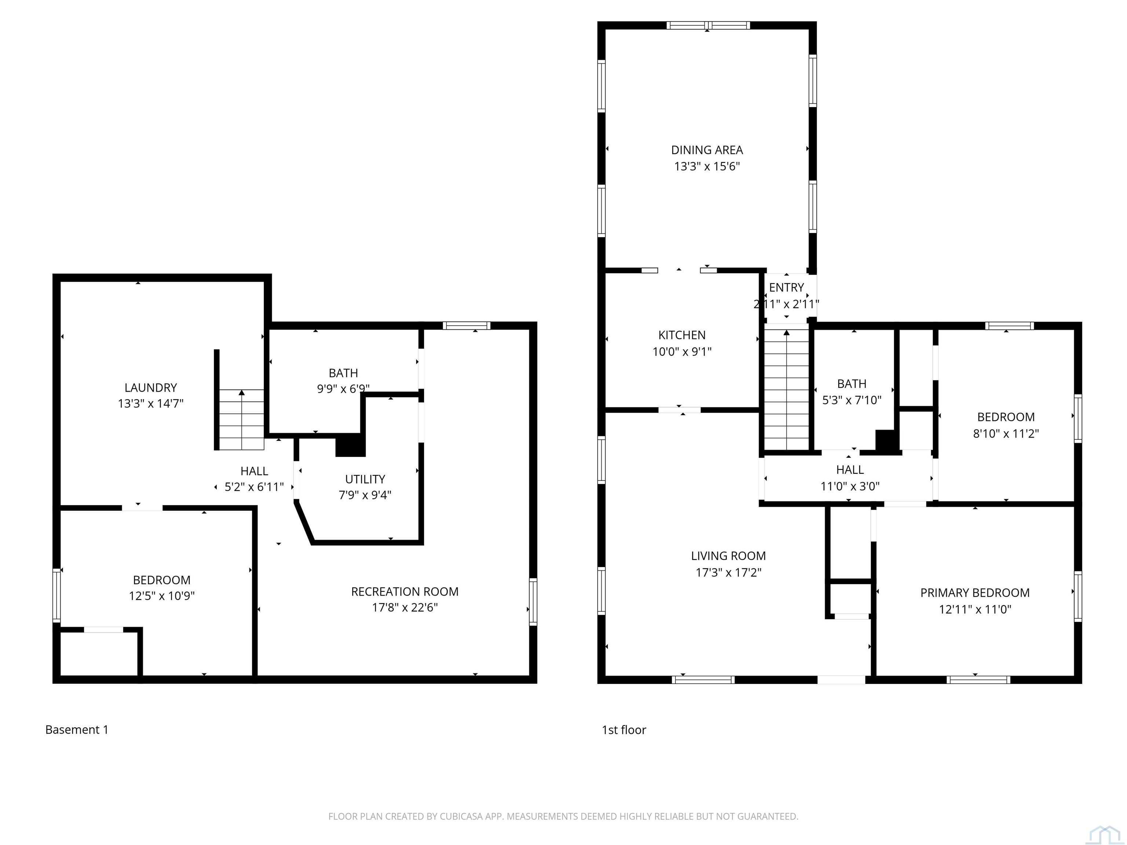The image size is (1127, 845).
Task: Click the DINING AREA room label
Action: click(707, 150)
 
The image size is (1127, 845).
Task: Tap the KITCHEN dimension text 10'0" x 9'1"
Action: click(682, 351)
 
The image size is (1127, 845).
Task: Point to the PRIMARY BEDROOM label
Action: click(975, 593)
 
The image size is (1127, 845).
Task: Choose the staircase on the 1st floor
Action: click(787, 389)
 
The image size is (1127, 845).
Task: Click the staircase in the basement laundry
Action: click(241, 420)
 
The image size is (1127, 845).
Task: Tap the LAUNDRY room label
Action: click(151, 388)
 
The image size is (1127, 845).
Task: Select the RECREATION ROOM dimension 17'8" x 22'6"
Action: click(405, 608)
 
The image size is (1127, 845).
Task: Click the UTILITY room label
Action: click(365, 479)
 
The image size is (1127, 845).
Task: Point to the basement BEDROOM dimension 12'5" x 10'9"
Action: click(161, 596)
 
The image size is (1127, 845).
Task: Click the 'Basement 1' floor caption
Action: click(77, 730)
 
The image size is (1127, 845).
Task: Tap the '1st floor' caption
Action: click(624, 730)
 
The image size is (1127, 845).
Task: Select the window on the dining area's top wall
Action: click(708, 25)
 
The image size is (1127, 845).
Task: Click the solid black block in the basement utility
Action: click(350, 445)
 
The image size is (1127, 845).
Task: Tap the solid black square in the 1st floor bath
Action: click(886, 440)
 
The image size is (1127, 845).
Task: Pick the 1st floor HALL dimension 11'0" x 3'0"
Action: click(850, 486)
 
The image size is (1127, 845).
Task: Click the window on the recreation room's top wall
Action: click(466, 325)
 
